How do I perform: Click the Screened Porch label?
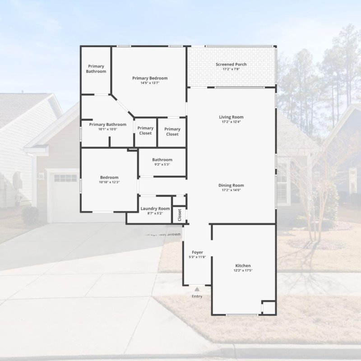pyautogui.click(x=231, y=65)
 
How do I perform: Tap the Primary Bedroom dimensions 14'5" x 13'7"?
pyautogui.click(x=150, y=83)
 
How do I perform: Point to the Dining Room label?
pyautogui.click(x=231, y=185)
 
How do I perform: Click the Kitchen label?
pyautogui.click(x=243, y=266)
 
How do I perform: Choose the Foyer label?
pyautogui.click(x=197, y=252)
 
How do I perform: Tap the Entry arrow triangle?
pyautogui.click(x=197, y=288)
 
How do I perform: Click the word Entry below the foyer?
pyautogui.click(x=197, y=296)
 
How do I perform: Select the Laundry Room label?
pyautogui.click(x=155, y=208)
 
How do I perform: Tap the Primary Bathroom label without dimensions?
pyautogui.click(x=96, y=69)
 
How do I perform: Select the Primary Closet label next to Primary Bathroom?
pyautogui.click(x=145, y=130)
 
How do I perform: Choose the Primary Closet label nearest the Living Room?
pyautogui.click(x=172, y=131)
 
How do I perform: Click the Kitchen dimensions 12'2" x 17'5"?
pyautogui.click(x=243, y=271)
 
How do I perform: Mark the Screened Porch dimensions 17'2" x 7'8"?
pyautogui.click(x=231, y=69)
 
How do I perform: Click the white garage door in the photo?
pyautogui.click(x=63, y=194)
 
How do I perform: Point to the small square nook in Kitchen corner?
pyautogui.click(x=268, y=308)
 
